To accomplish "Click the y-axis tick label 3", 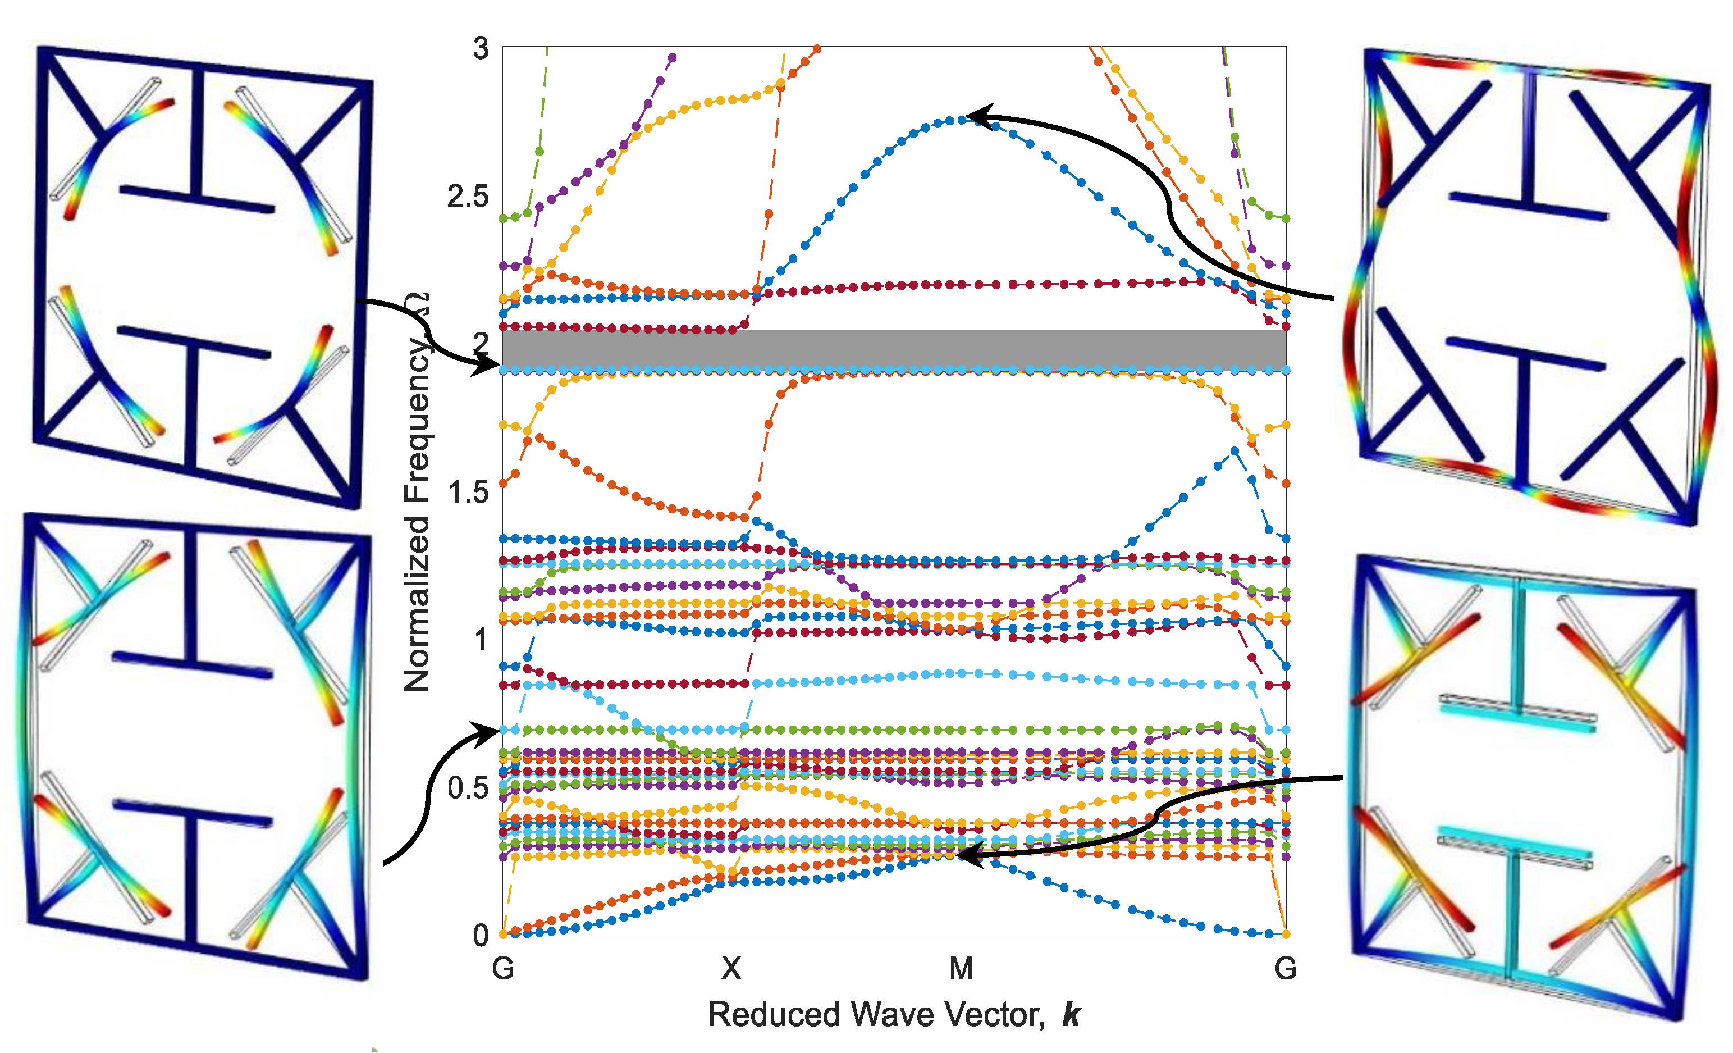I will coord(481,49).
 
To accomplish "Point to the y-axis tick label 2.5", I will coord(468,197).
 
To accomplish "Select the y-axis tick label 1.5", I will coord(468,493).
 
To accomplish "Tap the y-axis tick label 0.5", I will coord(468,788).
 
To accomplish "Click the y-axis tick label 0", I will coord(481,936).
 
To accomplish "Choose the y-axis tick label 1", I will coord(481,640).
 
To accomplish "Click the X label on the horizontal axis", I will coord(731,969).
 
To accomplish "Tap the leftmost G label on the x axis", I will coord(503,969).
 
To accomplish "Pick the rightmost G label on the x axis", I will coord(1286,969).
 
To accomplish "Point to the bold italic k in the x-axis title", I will coord(1071,1015).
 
